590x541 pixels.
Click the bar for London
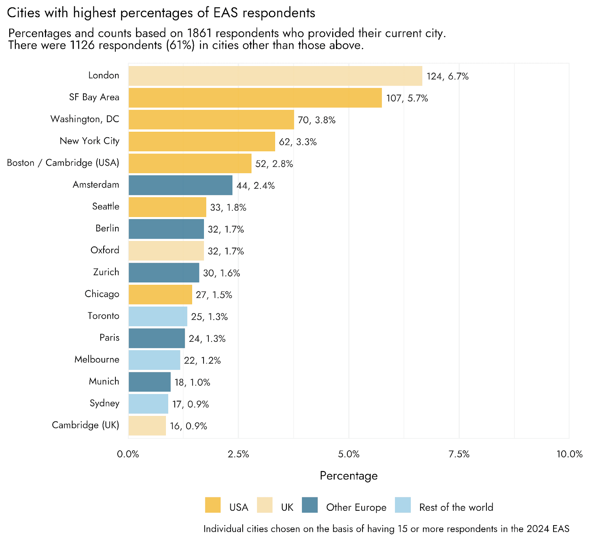pos(275,76)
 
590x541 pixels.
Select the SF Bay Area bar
pos(255,98)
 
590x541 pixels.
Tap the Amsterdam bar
pos(180,185)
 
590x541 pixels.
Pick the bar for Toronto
pos(158,316)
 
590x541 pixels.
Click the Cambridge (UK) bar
pos(147,425)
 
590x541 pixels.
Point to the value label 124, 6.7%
pos(447,76)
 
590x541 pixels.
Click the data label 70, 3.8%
pos(316,120)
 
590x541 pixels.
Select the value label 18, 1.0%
pos(192,382)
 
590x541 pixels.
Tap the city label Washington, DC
pos(85,119)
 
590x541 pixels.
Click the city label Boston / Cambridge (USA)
pos(63,163)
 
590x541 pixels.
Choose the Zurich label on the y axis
pos(106,272)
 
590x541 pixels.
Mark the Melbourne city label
pos(97,359)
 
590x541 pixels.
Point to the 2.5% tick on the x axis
pos(239,454)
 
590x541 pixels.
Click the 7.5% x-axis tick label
pos(459,454)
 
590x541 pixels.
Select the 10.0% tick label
pos(569,454)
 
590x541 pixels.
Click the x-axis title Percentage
pos(348,476)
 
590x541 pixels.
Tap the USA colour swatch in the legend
pos(213,505)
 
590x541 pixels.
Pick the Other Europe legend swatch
pos(310,505)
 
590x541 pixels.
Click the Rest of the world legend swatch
pos(403,505)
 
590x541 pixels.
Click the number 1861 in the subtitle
pos(199,33)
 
